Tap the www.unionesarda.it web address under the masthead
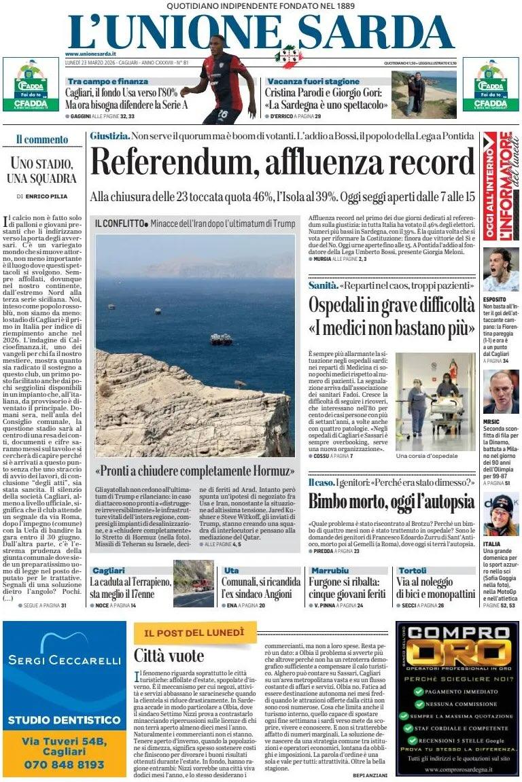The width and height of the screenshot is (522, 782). (90, 54)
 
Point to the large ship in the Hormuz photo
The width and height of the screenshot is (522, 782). (221, 338)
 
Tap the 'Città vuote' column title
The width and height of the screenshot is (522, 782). (169, 656)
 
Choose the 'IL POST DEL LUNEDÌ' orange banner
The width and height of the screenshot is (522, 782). (194, 633)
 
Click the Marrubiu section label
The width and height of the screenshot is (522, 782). (331, 571)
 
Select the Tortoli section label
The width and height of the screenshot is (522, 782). (413, 571)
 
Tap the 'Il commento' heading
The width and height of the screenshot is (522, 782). (42, 140)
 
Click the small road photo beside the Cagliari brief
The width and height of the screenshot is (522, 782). (194, 583)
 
